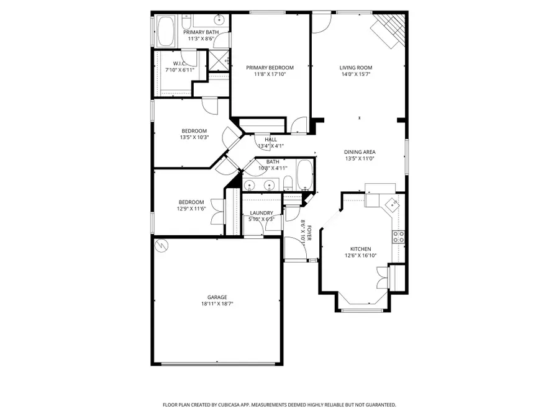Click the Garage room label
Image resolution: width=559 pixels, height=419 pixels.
pyautogui.click(x=217, y=297)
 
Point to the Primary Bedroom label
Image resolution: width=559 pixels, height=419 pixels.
pyautogui.click(x=270, y=68)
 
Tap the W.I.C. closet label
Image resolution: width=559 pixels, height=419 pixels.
pyautogui.click(x=180, y=63)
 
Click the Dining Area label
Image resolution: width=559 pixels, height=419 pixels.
pyautogui.click(x=360, y=152)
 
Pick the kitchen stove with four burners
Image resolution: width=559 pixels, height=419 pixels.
pyautogui.click(x=399, y=236)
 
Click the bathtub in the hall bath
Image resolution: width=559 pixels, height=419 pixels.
pyautogui.click(x=305, y=174)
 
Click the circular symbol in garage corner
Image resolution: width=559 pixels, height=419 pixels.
pyautogui.click(x=162, y=245)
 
